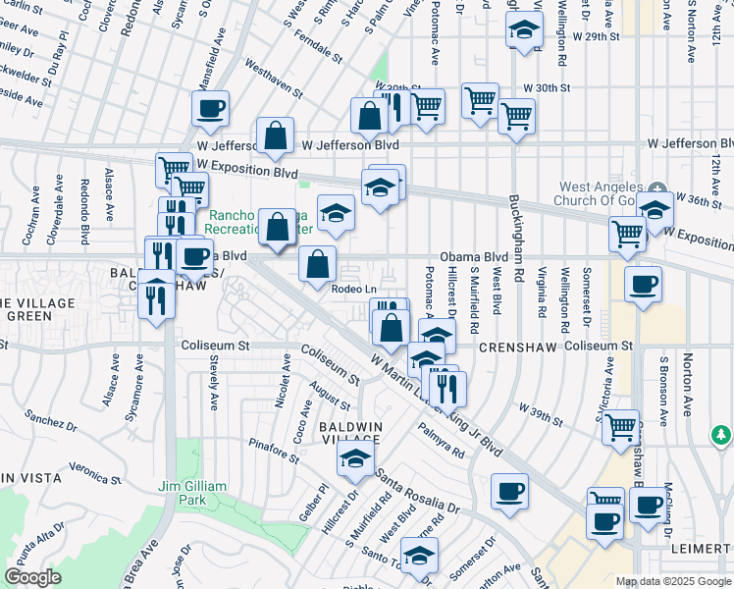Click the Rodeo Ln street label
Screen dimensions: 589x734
(354, 289)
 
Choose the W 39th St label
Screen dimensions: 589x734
(543, 413)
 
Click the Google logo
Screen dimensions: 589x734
(32, 577)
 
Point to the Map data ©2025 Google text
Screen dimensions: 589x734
(672, 581)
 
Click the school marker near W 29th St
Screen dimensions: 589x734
(525, 29)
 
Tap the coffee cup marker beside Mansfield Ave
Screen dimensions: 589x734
(209, 108)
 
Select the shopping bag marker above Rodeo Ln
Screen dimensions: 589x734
(318, 263)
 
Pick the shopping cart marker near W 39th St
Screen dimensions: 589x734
(619, 427)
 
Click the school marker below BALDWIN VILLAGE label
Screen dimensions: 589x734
(356, 457)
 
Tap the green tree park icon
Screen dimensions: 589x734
(721, 434)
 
